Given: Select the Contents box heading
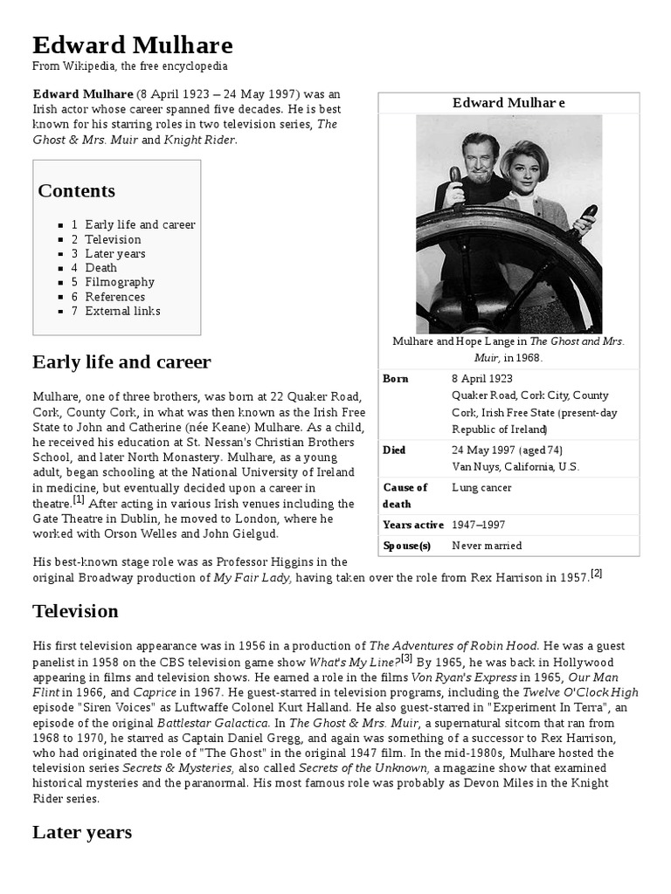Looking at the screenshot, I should click(x=76, y=190).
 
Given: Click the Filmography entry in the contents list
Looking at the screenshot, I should click(x=119, y=282).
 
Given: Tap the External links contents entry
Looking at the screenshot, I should click(x=122, y=311).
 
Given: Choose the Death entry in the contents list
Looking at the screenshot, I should click(x=100, y=268).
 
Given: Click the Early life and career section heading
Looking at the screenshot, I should click(x=121, y=361).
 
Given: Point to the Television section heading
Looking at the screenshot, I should click(x=75, y=610).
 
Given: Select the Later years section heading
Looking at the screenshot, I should click(x=82, y=832).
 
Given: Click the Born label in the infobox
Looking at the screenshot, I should click(x=396, y=379).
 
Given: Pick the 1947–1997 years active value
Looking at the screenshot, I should click(x=478, y=525).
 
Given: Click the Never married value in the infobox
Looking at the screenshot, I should click(x=487, y=546).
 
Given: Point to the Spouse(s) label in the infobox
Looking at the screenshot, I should click(x=407, y=546).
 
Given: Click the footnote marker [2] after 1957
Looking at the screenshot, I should click(x=597, y=574).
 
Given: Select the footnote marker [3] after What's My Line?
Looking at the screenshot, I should click(x=406, y=658).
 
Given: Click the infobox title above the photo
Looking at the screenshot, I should click(x=508, y=103).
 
